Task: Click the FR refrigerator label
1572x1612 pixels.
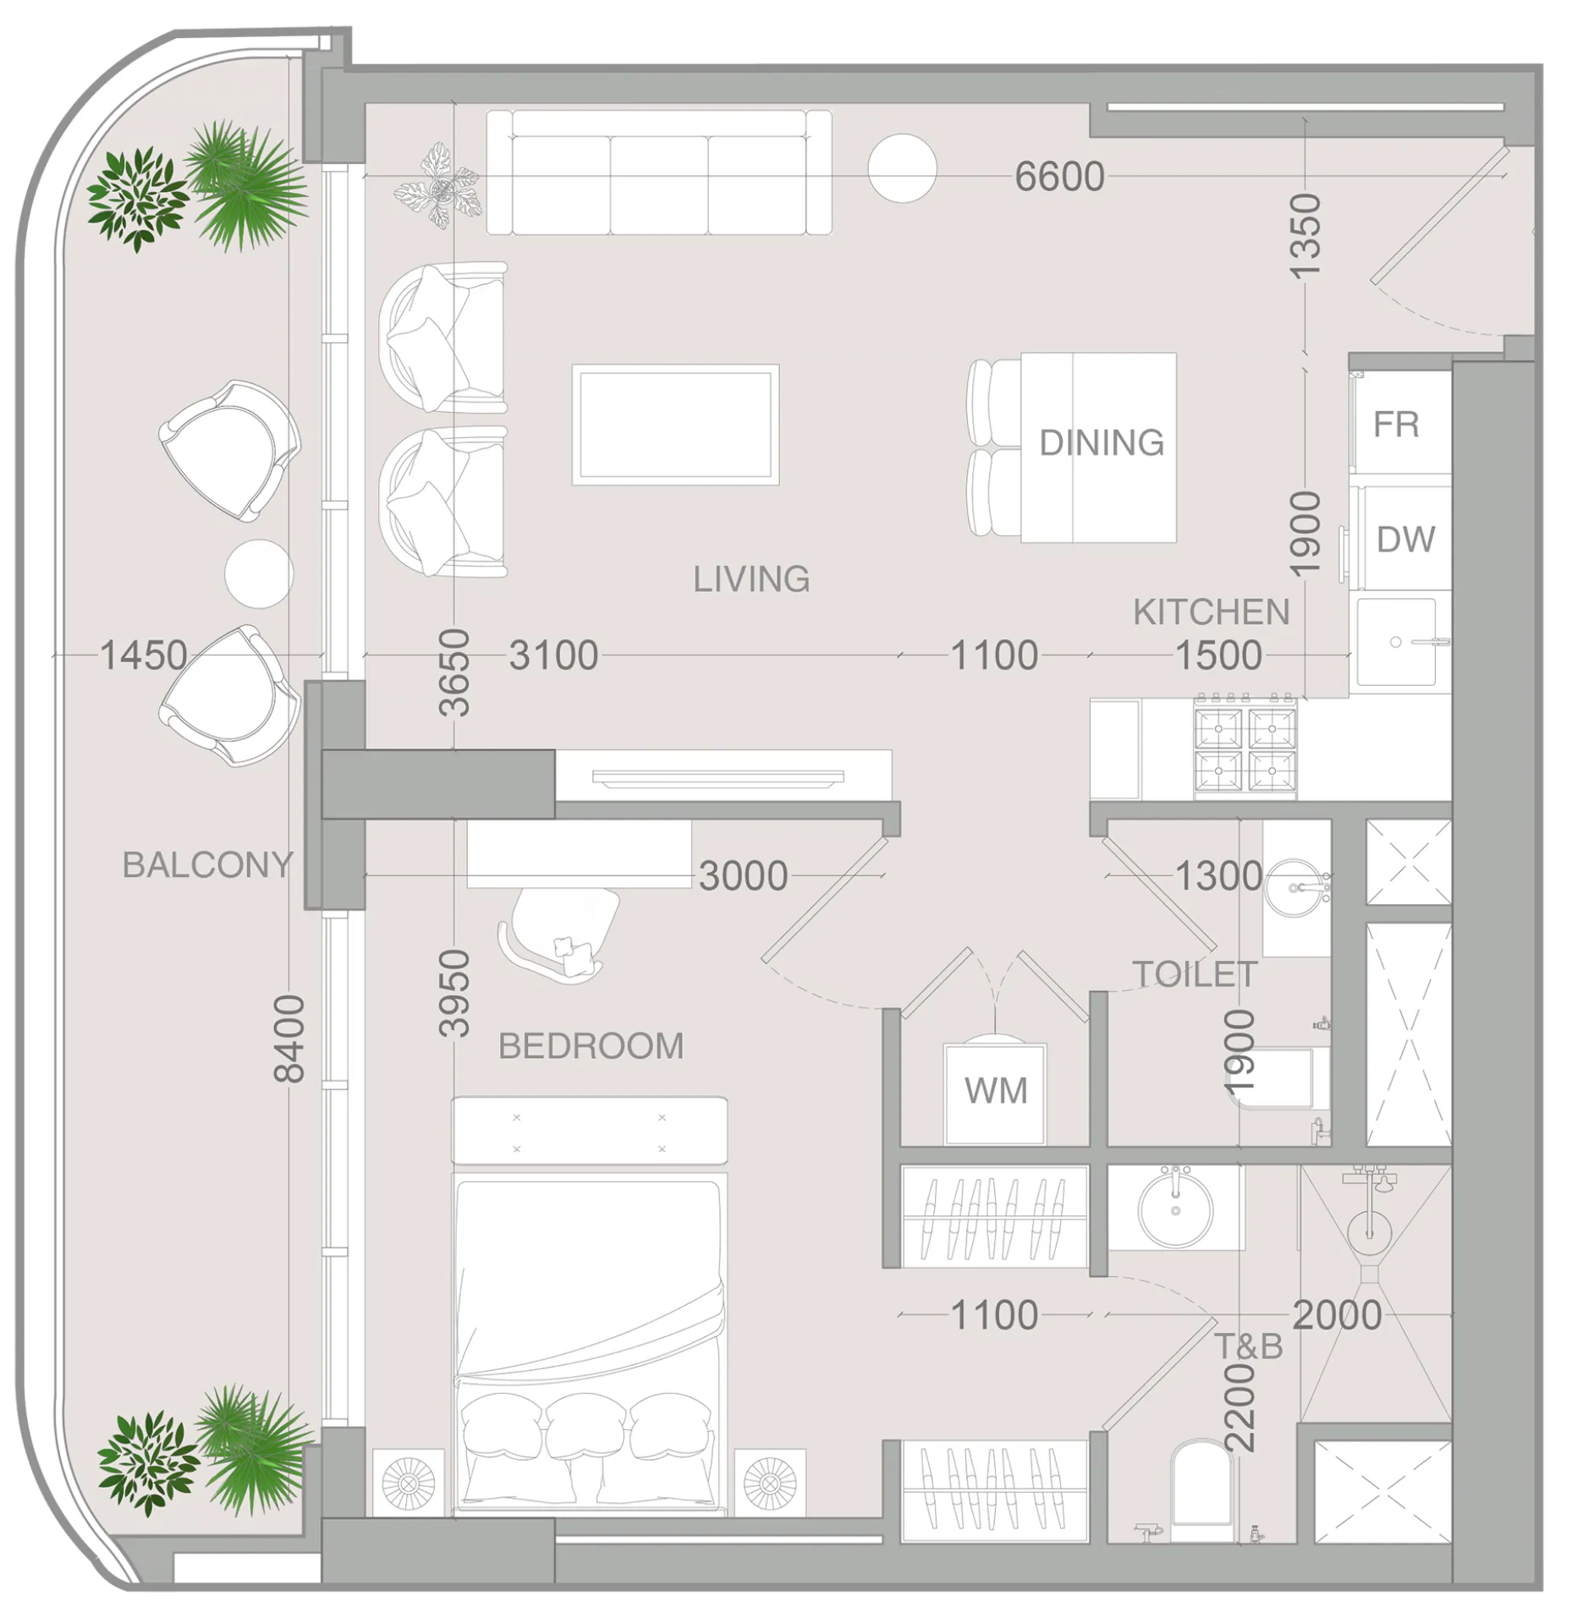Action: (1396, 425)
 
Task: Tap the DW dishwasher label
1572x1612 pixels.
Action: (1405, 540)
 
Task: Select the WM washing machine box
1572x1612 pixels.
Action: (995, 1094)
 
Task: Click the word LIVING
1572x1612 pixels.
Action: (751, 579)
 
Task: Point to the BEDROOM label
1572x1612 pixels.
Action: (591, 1046)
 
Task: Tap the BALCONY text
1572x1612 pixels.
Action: (208, 864)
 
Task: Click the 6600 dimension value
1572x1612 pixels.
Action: (1059, 177)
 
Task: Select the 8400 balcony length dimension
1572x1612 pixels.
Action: (289, 1039)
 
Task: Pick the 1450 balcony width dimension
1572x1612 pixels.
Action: (143, 655)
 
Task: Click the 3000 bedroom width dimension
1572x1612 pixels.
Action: (744, 876)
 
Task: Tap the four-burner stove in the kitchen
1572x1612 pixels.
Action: (1244, 748)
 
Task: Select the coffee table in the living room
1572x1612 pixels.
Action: (675, 425)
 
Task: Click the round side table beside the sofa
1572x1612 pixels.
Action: (902, 168)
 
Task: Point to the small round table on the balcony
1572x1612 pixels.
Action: (259, 573)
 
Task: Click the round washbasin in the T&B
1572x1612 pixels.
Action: (1175, 1208)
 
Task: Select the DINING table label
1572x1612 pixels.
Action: (1102, 442)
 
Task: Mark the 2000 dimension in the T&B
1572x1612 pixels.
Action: (1337, 1316)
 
